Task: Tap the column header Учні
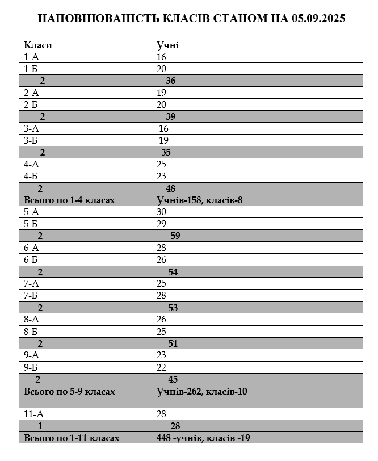168,45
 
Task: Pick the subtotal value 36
170,81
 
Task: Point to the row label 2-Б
31,104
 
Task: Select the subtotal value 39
170,116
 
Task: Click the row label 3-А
31,128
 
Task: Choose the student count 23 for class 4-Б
162,176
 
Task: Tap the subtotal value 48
170,188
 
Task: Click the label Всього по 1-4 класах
69,200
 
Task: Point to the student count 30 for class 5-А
162,212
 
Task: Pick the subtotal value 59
175,236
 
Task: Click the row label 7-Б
31,295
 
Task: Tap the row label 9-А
31,355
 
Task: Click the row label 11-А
33,414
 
